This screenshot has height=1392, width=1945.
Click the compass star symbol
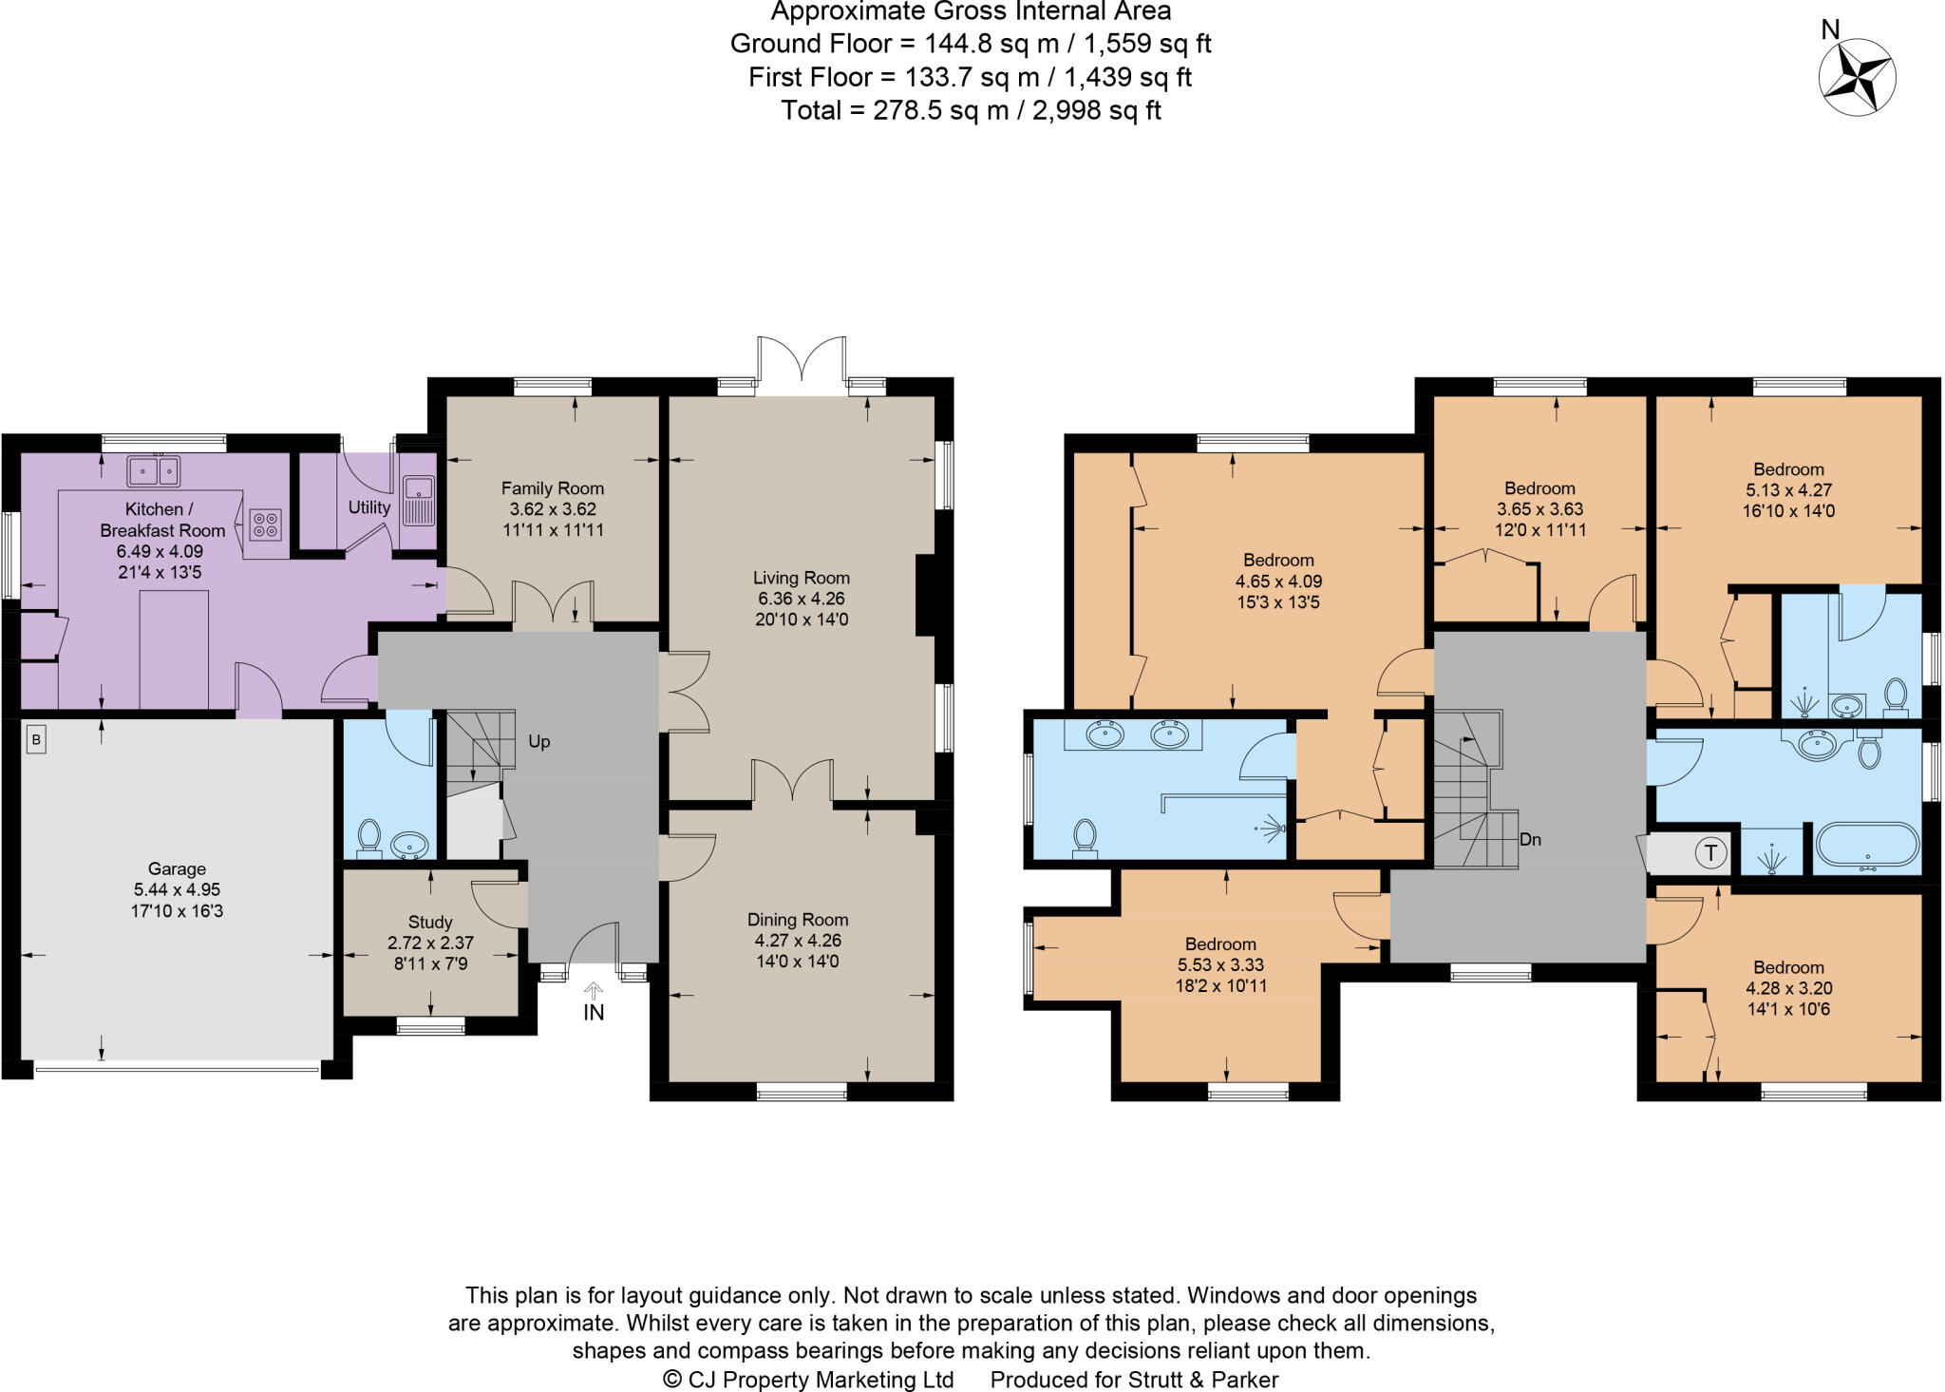1857,78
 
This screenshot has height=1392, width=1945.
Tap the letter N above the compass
1830,29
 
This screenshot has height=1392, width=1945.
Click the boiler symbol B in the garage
36,740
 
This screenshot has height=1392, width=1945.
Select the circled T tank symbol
1711,853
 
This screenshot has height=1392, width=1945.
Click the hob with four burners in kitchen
266,524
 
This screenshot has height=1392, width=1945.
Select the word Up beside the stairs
538,742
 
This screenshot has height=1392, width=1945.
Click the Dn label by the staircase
1530,840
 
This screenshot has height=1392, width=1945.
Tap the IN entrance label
594,1013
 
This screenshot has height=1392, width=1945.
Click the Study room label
430,922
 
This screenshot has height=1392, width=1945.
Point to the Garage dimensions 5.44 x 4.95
177,890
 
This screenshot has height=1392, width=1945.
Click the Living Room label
801,578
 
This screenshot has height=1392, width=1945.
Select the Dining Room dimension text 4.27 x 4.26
797,941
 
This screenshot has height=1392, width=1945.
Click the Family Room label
553,488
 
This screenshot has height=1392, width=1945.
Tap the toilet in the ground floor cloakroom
368,837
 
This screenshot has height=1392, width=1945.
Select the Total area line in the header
971,110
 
